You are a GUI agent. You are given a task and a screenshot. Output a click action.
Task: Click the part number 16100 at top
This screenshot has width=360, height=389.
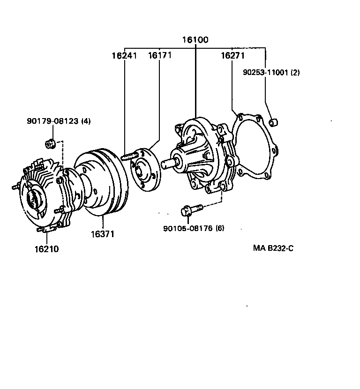195,40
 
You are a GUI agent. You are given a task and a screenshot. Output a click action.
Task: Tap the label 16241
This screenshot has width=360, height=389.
124,56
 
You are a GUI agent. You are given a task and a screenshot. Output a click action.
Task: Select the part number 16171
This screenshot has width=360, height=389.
160,56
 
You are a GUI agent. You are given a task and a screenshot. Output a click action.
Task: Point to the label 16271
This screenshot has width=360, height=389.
233,56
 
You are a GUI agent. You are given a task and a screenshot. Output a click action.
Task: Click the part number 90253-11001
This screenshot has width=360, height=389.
265,73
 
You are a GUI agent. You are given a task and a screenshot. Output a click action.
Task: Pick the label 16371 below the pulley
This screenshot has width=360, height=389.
103,233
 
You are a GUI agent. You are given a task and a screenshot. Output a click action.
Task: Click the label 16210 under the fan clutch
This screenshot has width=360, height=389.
46,249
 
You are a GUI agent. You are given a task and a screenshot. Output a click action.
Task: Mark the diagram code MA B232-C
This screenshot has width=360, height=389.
273,248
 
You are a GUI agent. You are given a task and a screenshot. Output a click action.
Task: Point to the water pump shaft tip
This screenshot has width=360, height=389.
165,164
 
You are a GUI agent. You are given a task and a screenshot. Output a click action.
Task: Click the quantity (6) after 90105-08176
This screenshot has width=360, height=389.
220,228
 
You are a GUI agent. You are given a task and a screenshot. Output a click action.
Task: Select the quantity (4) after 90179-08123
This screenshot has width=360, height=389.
86,121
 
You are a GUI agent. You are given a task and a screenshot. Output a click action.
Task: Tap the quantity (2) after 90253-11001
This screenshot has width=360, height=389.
295,73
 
